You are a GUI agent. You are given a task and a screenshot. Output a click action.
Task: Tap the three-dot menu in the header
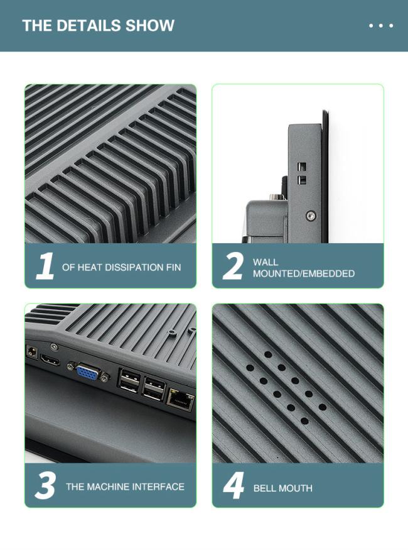(381, 26)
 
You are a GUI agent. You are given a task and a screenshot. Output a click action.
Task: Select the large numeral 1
(45, 266)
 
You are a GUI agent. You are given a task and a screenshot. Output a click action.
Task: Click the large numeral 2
(233, 267)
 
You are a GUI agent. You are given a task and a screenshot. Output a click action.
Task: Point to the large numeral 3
(46, 486)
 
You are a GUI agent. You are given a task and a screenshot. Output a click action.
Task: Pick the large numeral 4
(234, 486)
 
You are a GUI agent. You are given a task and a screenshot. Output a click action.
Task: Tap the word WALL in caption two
(266, 262)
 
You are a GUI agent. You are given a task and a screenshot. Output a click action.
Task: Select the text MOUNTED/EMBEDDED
(304, 273)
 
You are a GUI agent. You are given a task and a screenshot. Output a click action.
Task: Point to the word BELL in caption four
(264, 488)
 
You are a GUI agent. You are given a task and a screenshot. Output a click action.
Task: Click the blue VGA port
(87, 372)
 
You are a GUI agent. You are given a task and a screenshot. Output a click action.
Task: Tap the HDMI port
(50, 359)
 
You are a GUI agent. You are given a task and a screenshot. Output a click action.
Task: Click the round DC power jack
(32, 352)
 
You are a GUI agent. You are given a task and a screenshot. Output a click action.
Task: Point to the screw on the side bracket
(310, 216)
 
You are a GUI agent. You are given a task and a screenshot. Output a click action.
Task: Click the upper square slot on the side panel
(301, 167)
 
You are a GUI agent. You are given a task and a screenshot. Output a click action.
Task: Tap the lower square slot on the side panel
(301, 180)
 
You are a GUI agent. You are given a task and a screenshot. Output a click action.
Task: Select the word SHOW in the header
(150, 26)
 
